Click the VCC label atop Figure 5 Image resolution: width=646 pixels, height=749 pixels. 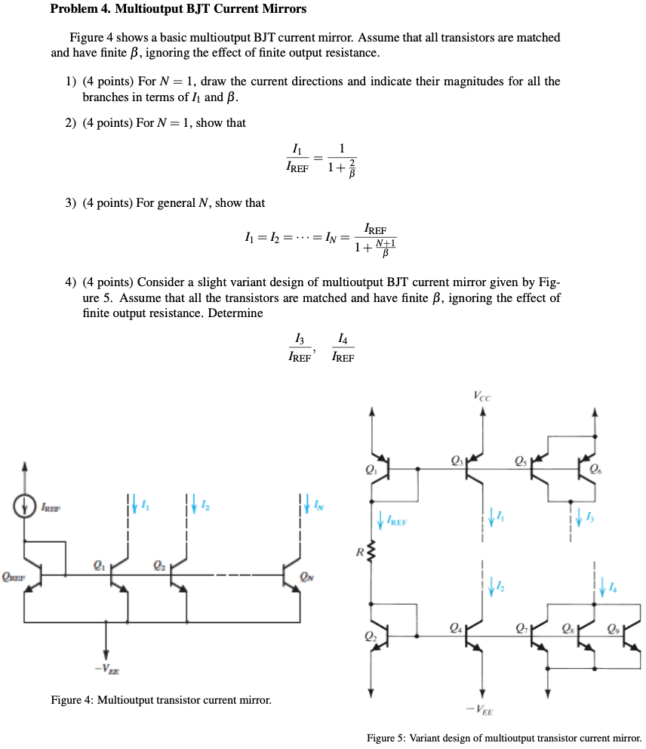tap(481, 395)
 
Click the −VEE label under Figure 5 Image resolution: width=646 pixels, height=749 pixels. tap(481, 710)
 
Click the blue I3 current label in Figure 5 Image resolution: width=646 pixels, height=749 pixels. tap(593, 516)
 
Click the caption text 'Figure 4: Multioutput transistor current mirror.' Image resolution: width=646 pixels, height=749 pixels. tap(161, 700)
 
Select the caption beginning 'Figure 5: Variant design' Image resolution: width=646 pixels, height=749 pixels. tap(503, 738)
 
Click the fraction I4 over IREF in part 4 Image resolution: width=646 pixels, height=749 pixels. tap(343, 348)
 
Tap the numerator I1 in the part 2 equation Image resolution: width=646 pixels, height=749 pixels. tap(297, 149)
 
